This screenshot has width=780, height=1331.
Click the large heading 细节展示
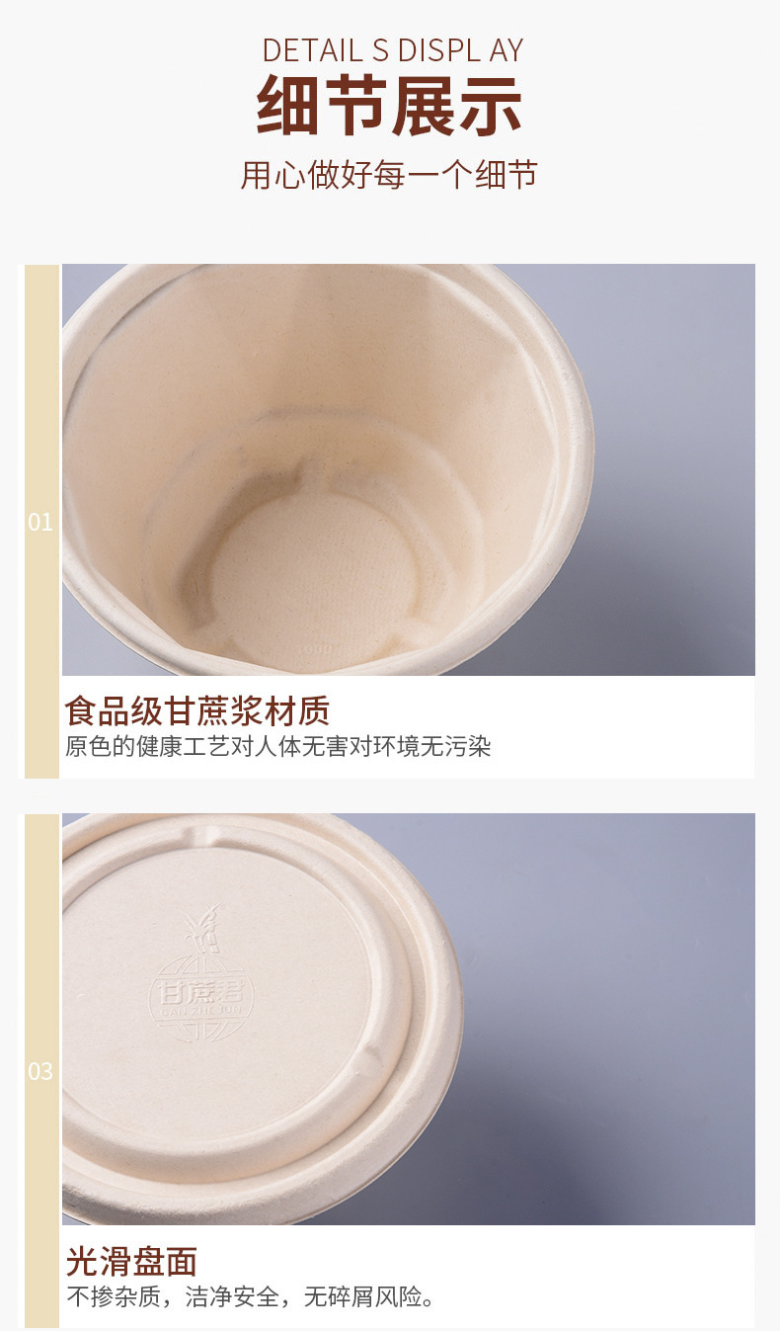coord(389,107)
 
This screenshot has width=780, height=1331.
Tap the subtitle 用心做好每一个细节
coord(389,175)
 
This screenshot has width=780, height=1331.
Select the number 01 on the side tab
coord(40,522)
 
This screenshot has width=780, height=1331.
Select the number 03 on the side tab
coord(40,1071)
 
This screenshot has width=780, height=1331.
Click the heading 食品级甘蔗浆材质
coord(197,710)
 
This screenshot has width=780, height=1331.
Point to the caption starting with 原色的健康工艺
coord(278,746)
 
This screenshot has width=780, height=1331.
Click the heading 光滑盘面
coord(131,1261)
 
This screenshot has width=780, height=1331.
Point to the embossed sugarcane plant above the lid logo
coord(203,934)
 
